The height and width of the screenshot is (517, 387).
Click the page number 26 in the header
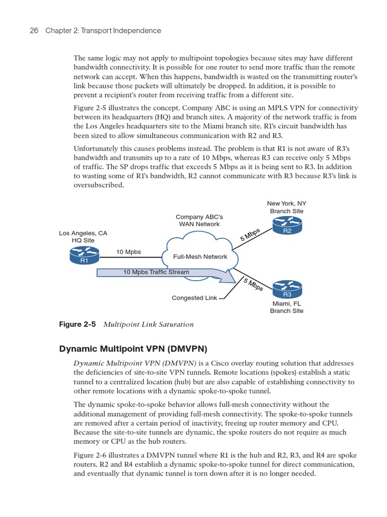pos(34,31)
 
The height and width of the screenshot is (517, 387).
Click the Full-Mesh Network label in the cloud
pos(200,256)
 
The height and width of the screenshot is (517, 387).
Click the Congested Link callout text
pos(194,298)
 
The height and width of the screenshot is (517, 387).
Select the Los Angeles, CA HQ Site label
pos(83,237)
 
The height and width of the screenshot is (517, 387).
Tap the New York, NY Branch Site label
pos(287,207)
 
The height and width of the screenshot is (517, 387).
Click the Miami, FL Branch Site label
pos(287,307)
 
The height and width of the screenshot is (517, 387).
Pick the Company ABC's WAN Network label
pos(200,220)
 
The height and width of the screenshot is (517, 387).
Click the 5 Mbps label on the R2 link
pos(250,235)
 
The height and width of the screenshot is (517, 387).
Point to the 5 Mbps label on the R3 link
pos(253,284)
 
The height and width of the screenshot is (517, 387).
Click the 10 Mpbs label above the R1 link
pos(128,251)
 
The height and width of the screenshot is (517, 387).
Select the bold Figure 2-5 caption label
pos(78,324)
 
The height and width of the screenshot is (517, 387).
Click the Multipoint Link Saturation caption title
pos(148,324)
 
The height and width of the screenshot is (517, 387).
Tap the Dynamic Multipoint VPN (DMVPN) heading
pos(134,348)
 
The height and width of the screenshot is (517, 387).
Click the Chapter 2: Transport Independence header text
pos(103,31)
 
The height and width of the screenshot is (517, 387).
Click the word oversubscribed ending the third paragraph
pos(99,185)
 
